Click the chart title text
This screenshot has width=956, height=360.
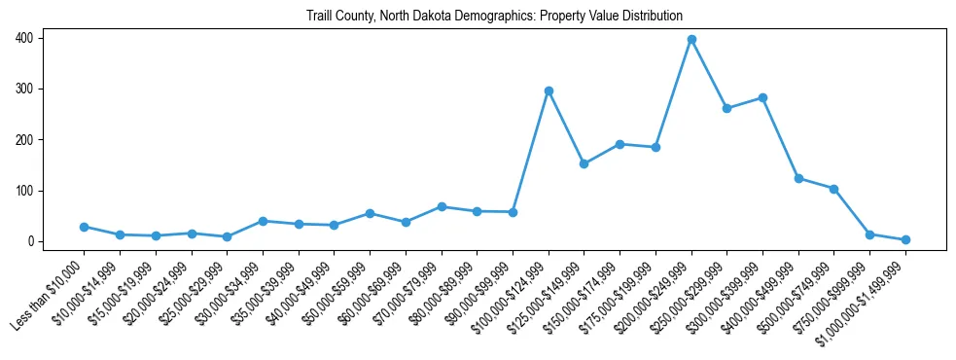[494, 17]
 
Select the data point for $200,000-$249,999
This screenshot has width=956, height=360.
[691, 40]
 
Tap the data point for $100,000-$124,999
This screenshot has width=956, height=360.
[549, 90]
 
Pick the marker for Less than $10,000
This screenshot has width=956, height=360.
[85, 227]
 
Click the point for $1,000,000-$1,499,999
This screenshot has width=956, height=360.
[905, 239]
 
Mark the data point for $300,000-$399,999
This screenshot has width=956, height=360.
[762, 97]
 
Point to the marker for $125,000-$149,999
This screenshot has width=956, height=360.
[584, 163]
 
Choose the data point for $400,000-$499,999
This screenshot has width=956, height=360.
[798, 179]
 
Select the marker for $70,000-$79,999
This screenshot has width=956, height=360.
[442, 206]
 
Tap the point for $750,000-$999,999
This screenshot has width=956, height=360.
[870, 234]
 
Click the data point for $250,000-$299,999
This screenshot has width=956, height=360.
[727, 108]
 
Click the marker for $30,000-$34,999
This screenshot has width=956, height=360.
[264, 221]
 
